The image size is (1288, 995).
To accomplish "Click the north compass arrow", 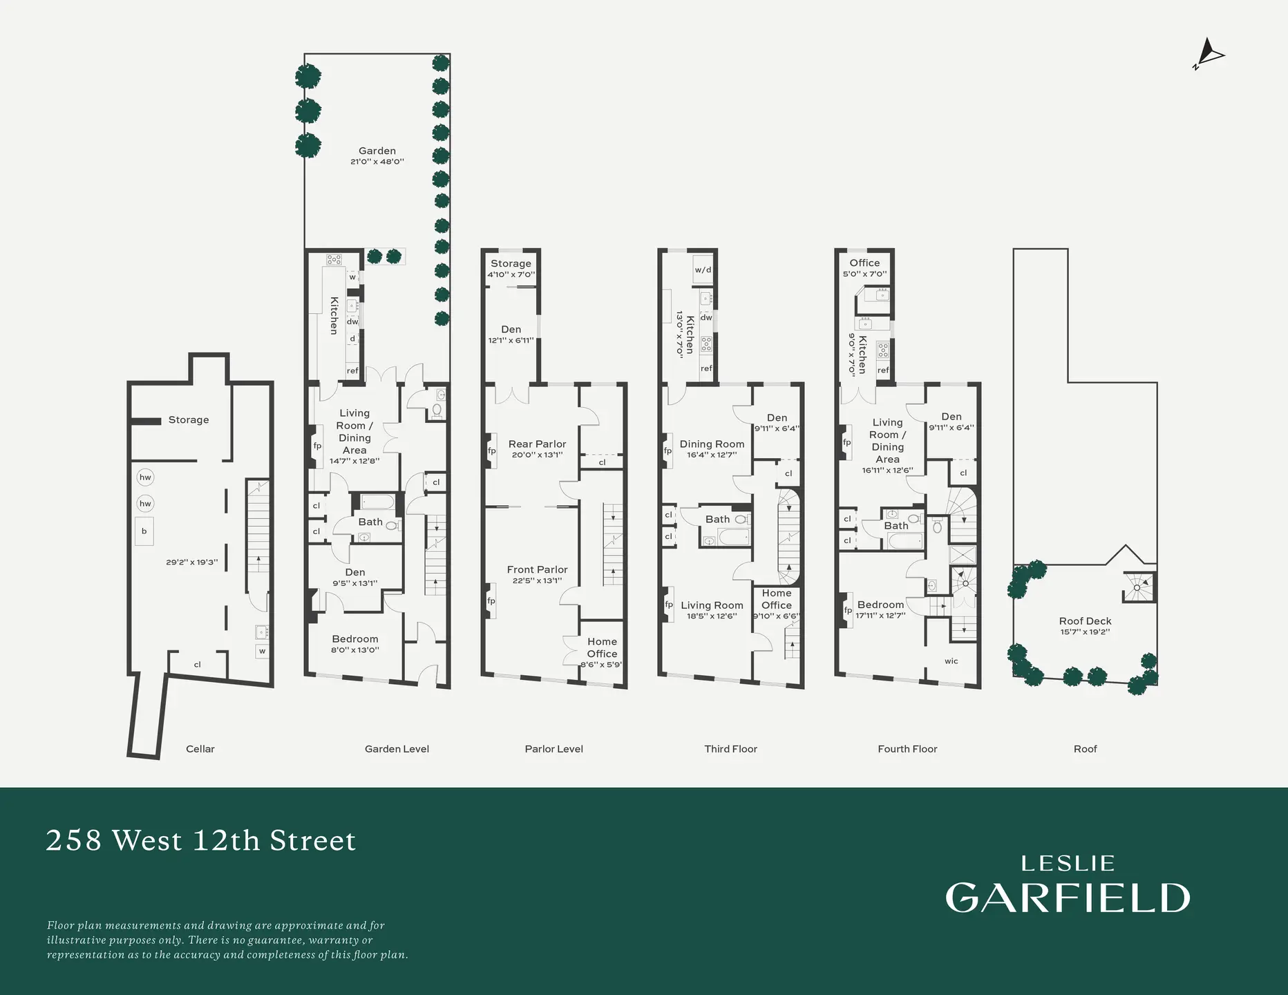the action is [x=1209, y=53].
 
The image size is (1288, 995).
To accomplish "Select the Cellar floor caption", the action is [x=200, y=749].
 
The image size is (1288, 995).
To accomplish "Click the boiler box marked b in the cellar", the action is [x=144, y=531].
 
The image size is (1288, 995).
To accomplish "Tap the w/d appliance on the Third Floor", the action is [x=703, y=269].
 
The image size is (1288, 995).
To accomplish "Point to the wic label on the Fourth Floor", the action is [x=951, y=661].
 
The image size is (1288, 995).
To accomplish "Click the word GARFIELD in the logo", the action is [x=1068, y=898].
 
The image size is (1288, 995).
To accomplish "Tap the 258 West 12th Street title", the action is [x=200, y=840].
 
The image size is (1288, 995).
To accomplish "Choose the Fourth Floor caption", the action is [x=907, y=749].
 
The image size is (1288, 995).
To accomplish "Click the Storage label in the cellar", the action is [x=189, y=420].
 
